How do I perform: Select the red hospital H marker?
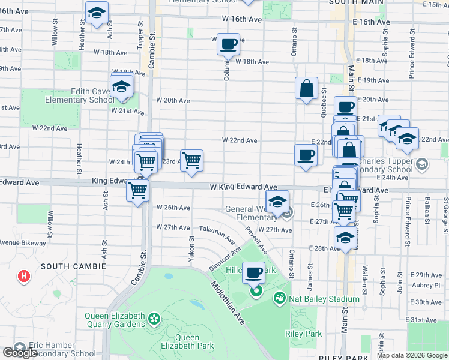coord(24,277)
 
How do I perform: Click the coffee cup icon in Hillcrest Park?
coord(255,273)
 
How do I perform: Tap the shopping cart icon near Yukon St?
coord(191,160)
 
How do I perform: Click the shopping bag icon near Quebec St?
coord(306,88)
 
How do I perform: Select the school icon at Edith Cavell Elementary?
coord(122,87)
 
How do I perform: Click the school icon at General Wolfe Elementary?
coord(277,202)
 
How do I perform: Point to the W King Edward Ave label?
coord(243,187)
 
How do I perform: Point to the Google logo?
coord(20,353)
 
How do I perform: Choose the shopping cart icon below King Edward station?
coord(138,191)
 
